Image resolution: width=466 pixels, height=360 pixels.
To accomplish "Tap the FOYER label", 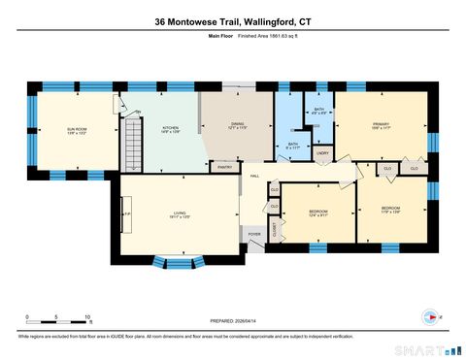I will point(254,234).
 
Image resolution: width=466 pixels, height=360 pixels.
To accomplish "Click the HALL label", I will point(254,176).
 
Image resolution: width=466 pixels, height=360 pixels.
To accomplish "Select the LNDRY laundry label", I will point(322,152).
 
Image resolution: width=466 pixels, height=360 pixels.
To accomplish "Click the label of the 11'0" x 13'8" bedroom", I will point(390,211).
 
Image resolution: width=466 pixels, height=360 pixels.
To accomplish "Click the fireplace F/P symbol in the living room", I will point(124,214).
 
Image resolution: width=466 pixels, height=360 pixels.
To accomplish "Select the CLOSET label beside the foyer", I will point(274,229).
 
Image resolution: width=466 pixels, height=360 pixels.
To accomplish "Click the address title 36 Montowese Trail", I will point(232,20).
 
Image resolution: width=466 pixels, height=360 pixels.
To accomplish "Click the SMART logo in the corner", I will point(420,347).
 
